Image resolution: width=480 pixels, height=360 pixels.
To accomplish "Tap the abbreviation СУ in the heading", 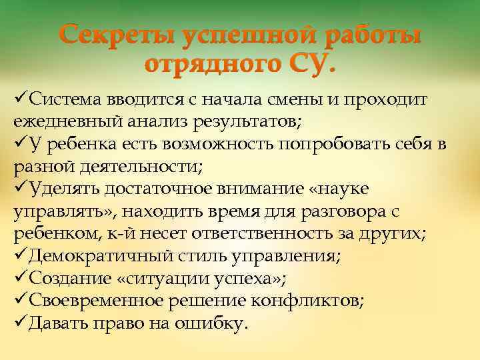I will pos(313,65).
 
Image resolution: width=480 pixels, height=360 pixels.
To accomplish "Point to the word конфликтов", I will pos(308,301).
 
